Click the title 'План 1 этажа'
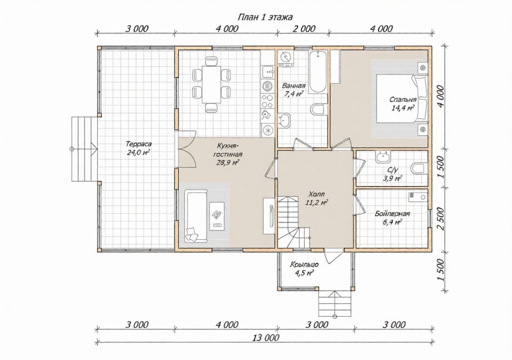point(265,17)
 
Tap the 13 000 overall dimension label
point(266,337)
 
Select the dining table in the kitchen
point(211,84)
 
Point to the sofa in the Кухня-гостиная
point(196,216)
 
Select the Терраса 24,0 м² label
point(138,148)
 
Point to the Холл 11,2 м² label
point(317,198)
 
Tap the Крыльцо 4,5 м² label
point(304,269)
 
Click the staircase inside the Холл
point(293,222)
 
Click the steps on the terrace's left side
point(84,149)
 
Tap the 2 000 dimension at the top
point(304,29)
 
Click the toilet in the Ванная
point(318,109)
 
